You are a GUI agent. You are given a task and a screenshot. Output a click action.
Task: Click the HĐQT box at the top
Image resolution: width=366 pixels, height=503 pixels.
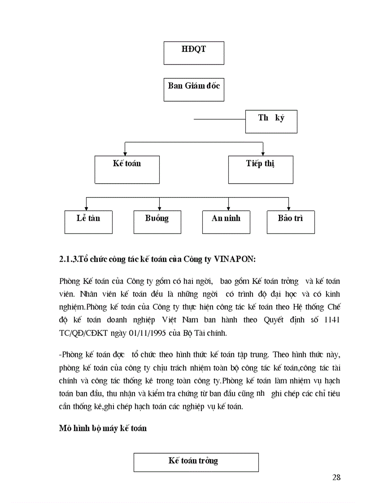coord(194,53)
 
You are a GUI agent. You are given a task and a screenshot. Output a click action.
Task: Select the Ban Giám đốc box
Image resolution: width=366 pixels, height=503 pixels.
coord(194,89)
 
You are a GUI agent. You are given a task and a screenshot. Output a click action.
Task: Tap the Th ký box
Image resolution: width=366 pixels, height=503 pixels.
coord(271,121)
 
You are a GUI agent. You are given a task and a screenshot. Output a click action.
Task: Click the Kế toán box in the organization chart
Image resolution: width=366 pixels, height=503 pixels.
coord(127,169)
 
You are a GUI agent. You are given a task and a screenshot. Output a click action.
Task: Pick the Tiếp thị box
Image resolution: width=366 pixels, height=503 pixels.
coord(260,169)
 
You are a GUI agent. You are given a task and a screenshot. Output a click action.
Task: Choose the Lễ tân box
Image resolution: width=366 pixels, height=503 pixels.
coord(88,221)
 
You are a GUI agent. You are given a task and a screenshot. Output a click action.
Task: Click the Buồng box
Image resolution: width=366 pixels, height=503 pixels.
coord(157,221)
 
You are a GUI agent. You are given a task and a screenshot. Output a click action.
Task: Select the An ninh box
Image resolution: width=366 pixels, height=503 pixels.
coord(226,221)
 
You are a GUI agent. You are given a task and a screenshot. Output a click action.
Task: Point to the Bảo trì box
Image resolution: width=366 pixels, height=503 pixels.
coord(290,221)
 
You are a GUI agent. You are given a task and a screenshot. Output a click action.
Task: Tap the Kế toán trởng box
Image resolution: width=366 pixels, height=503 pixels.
coord(196,462)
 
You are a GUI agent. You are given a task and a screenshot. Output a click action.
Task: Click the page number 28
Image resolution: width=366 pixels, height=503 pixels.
coord(336,477)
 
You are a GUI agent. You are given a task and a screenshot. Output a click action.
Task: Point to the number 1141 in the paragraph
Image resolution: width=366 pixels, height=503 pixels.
coord(331,320)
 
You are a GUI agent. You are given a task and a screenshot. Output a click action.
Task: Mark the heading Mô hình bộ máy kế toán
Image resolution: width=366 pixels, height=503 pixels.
coord(103,428)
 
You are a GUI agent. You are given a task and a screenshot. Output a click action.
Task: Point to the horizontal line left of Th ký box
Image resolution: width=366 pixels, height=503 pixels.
coord(219,120)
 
